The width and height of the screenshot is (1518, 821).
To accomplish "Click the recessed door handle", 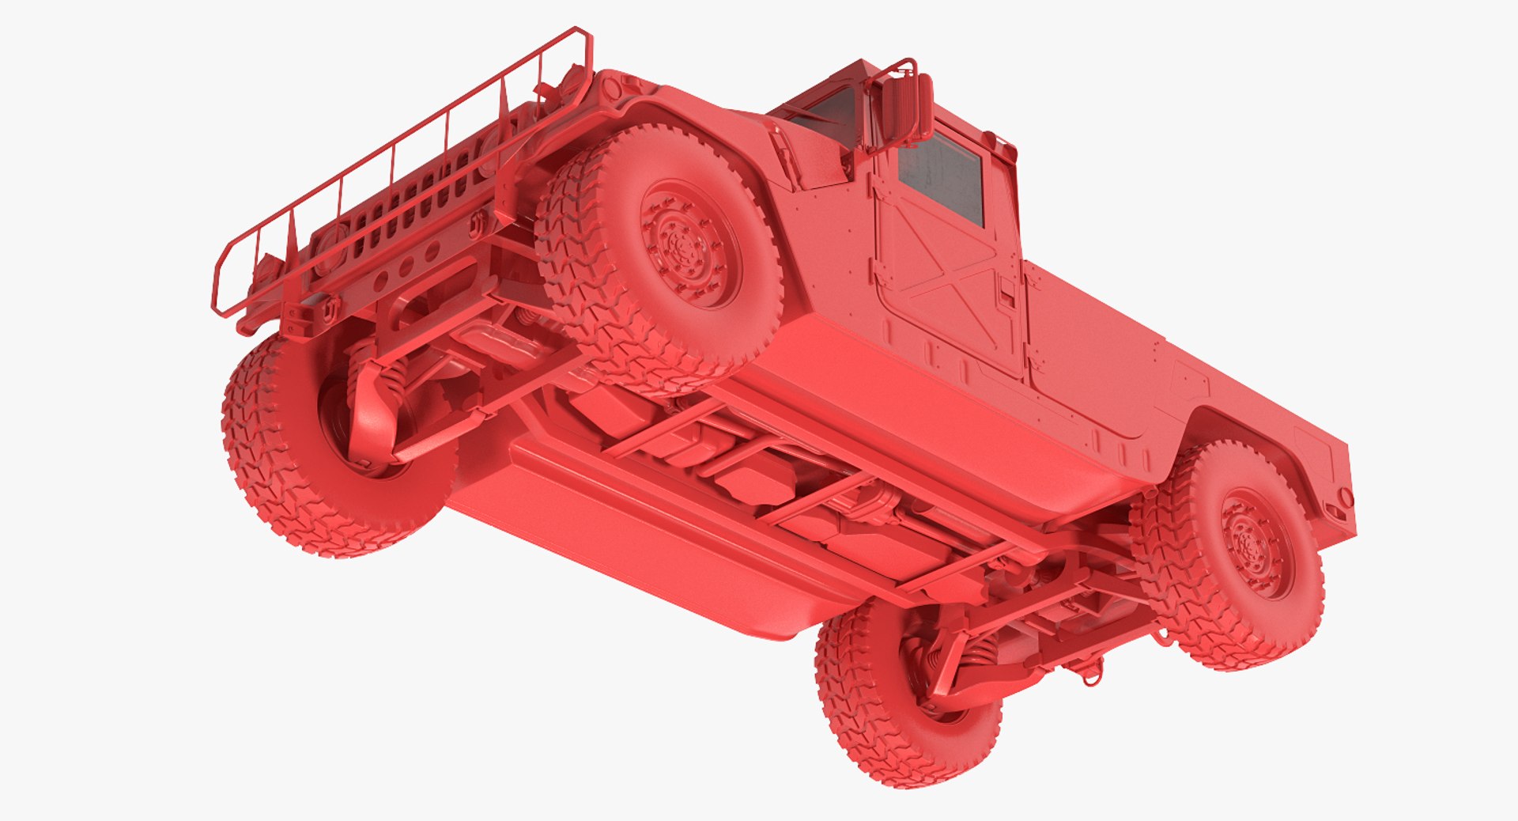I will click(1006, 289).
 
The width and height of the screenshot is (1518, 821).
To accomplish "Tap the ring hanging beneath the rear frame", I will click(1089, 677).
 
